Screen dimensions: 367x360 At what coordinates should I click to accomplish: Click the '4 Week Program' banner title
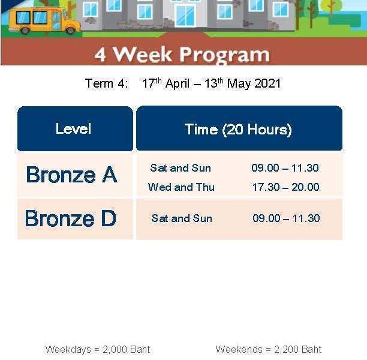click(x=182, y=55)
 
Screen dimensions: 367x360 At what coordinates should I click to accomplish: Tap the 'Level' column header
click(x=73, y=128)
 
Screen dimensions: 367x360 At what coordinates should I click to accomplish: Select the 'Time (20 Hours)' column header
click(x=238, y=130)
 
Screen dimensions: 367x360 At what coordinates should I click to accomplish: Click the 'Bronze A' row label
click(x=71, y=175)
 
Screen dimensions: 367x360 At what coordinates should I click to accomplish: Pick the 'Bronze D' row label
click(x=70, y=218)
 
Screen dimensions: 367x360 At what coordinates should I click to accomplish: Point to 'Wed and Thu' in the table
click(x=181, y=187)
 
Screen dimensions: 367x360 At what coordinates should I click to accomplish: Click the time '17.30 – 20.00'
click(x=285, y=187)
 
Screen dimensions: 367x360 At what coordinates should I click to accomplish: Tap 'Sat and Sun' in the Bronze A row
click(x=181, y=168)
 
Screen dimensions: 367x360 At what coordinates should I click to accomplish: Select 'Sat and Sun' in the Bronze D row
click(x=182, y=218)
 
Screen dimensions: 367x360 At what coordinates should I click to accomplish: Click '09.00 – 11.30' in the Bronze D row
click(x=286, y=218)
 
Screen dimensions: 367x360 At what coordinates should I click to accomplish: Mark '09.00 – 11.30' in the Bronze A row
click(x=285, y=168)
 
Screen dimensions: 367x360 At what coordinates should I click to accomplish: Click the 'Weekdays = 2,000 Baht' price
click(x=98, y=349)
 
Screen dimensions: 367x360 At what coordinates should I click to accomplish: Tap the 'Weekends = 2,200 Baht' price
click(x=269, y=349)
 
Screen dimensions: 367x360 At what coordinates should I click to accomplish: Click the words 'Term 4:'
click(x=107, y=83)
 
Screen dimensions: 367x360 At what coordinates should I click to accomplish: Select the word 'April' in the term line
click(x=177, y=84)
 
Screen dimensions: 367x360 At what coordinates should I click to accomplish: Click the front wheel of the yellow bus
click(x=70, y=31)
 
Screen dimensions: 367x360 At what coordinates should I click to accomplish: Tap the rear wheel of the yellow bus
click(x=25, y=31)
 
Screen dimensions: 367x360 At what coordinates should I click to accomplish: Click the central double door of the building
click(x=185, y=16)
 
